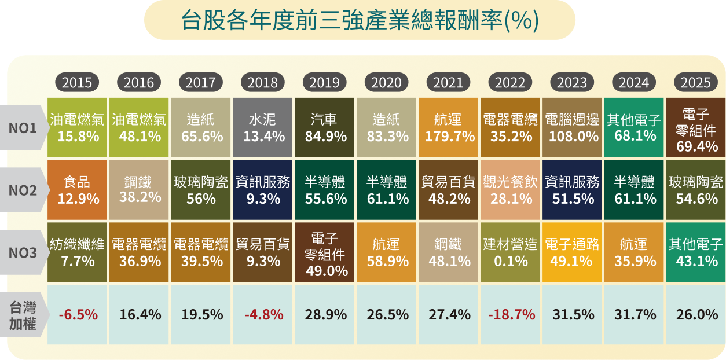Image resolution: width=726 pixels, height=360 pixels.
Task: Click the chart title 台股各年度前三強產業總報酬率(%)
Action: click(x=360, y=21)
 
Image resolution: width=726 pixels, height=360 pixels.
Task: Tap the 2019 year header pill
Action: click(x=324, y=83)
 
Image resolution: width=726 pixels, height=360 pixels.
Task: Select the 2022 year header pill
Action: click(x=510, y=83)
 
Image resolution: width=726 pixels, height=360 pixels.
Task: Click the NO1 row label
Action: click(x=23, y=128)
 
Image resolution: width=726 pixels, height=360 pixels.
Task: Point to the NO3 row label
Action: click(x=23, y=253)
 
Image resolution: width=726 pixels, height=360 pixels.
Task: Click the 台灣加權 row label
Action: click(x=23, y=315)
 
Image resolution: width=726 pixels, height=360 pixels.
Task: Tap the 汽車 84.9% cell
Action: click(x=325, y=128)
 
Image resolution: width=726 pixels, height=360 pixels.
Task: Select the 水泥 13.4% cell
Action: click(x=263, y=128)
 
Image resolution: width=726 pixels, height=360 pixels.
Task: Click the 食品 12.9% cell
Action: click(x=77, y=190)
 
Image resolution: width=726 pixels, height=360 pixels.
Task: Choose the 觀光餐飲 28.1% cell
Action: click(x=510, y=190)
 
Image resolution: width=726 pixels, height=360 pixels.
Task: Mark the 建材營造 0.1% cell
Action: click(x=510, y=253)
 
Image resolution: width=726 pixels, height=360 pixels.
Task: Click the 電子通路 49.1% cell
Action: click(x=571, y=253)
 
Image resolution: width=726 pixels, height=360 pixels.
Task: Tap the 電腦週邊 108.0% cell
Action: click(x=571, y=128)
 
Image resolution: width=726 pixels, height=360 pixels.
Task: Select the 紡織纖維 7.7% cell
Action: click(x=77, y=253)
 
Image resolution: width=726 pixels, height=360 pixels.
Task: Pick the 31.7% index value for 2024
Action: click(x=635, y=315)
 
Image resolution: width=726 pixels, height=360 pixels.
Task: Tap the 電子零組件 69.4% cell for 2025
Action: click(x=696, y=128)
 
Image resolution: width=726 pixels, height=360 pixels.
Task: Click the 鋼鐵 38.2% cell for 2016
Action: click(x=140, y=190)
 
